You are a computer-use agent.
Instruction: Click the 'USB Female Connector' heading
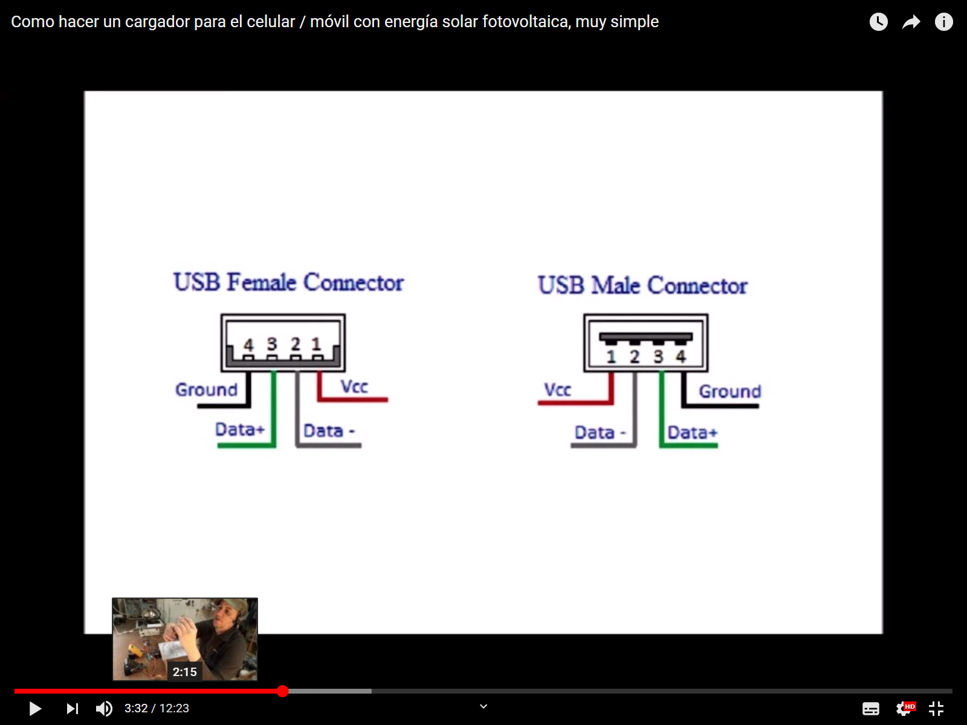[288, 282]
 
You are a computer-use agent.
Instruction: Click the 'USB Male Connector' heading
[643, 285]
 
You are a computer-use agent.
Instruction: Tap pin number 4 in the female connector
[249, 344]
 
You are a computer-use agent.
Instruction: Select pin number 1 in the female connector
[316, 343]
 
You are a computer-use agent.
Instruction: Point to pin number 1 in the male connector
[611, 356]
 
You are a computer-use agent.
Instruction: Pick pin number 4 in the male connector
[681, 356]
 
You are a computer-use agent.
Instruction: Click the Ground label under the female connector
[206, 390]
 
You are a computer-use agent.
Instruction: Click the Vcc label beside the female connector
[354, 387]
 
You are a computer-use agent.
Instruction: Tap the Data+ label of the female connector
[240, 429]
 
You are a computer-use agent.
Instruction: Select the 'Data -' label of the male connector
[600, 433]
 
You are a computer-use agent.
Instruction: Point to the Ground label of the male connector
[730, 391]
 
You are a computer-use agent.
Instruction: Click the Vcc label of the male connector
[557, 390]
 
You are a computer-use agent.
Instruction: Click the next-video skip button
[73, 708]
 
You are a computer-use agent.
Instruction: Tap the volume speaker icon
[104, 708]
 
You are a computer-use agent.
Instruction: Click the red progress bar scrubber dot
[283, 691]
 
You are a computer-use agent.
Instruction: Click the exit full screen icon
[936, 708]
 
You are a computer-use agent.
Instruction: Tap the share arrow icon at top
[911, 22]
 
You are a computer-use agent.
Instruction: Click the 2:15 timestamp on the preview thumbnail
[184, 672]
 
